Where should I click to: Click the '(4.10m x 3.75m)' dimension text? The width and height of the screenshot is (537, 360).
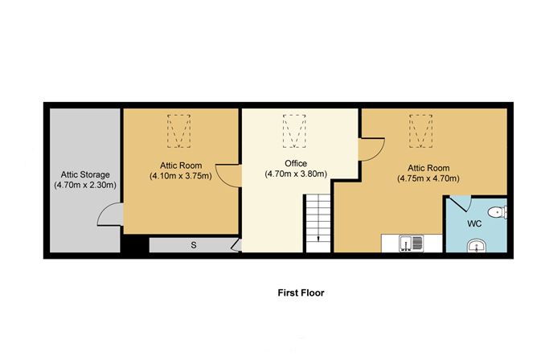pos(180,176)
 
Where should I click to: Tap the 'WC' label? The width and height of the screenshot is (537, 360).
pos(474,224)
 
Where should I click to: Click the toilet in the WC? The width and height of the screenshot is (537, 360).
pos(499,213)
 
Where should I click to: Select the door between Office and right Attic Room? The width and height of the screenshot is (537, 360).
pos(370,151)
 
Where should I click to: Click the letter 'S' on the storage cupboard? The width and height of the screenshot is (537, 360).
pos(193,245)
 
